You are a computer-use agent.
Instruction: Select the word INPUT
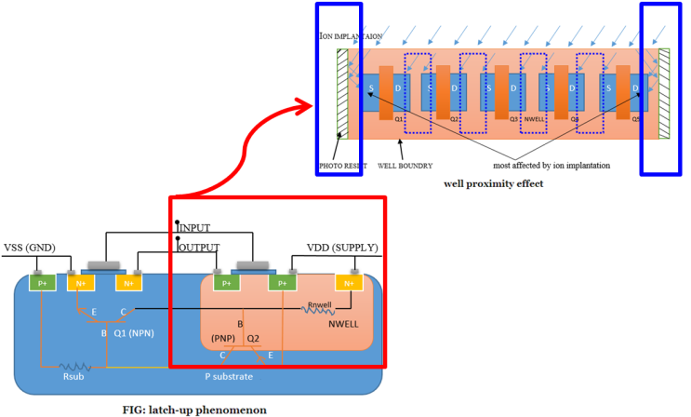(x=196, y=228)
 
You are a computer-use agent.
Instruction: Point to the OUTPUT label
(x=199, y=247)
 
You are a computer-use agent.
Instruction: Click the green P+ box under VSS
(x=41, y=283)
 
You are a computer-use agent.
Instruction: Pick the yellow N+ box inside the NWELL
(x=350, y=283)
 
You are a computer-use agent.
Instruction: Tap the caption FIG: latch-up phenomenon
(x=194, y=409)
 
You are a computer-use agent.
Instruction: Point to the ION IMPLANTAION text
(x=351, y=36)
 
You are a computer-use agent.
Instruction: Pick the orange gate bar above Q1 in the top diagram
(x=386, y=91)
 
